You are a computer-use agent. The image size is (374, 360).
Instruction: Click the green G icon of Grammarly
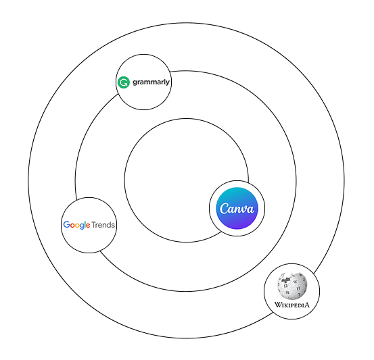point(124,82)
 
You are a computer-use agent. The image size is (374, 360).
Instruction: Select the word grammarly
point(151,82)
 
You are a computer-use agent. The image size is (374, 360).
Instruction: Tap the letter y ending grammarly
point(168,83)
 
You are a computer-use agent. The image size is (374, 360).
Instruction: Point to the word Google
point(76,225)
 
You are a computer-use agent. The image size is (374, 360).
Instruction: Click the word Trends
point(103,225)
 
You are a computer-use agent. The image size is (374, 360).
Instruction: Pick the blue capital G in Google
point(67,224)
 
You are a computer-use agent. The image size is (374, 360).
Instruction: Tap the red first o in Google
point(73,226)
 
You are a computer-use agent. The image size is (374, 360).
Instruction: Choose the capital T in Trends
point(94,225)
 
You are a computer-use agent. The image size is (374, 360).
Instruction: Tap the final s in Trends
point(113,226)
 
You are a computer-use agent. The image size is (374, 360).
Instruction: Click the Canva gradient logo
point(237,209)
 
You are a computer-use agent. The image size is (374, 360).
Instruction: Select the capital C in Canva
point(225,209)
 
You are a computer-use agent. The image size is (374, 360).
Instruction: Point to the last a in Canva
point(250,209)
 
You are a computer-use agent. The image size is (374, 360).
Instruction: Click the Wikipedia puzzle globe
point(291,286)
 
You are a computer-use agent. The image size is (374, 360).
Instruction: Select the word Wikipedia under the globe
point(291,305)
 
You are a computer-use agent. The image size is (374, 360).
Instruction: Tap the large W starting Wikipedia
point(278,305)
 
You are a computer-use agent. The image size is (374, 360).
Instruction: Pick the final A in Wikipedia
point(306,305)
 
